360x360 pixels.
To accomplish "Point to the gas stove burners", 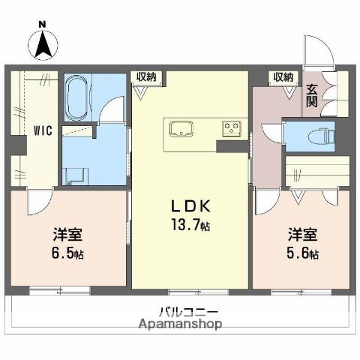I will pyautogui.click(x=231, y=129).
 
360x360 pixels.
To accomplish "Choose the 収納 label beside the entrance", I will pyautogui.click(x=282, y=76).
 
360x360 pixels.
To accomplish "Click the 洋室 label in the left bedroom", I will pyautogui.click(x=67, y=233).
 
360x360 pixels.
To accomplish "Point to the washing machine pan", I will pyautogui.click(x=76, y=175).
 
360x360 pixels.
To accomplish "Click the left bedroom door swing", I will pyautogui.click(x=39, y=201).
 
